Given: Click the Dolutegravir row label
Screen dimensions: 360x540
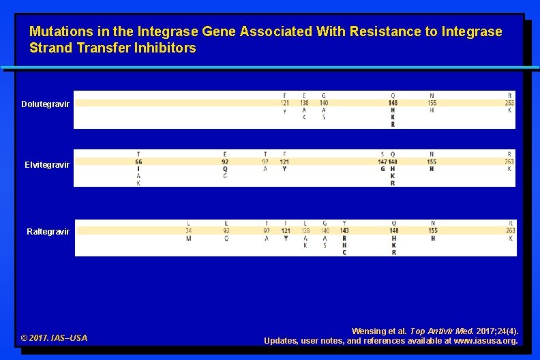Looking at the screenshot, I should pyautogui.click(x=45, y=104).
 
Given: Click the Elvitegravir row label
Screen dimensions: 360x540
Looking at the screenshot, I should pyautogui.click(x=47, y=165).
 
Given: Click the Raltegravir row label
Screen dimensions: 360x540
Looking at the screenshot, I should pyautogui.click(x=48, y=232).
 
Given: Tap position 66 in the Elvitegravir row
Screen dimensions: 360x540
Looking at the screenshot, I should pyautogui.click(x=138, y=162).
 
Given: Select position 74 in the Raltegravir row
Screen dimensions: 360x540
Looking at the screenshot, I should pyautogui.click(x=188, y=231).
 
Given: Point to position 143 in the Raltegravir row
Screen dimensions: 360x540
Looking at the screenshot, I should pyautogui.click(x=344, y=231).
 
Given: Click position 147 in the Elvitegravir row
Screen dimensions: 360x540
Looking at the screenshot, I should pyautogui.click(x=382, y=162).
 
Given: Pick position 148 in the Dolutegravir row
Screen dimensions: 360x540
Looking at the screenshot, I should pyautogui.click(x=393, y=103).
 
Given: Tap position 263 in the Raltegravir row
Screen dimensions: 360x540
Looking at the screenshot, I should pyautogui.click(x=510, y=231).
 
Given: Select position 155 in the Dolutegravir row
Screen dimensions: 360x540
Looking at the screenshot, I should pyautogui.click(x=432, y=103).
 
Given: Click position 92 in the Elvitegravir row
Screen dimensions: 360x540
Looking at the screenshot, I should pyautogui.click(x=225, y=162).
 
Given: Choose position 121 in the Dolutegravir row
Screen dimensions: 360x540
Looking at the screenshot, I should pyautogui.click(x=284, y=103).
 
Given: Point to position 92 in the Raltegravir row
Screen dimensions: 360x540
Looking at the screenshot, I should pyautogui.click(x=226, y=231).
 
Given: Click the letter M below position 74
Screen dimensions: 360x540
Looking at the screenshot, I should pyautogui.click(x=188, y=238).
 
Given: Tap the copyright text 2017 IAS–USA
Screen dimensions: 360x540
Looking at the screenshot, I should pyautogui.click(x=54, y=338).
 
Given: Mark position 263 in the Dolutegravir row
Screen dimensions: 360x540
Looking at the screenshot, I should pyautogui.click(x=510, y=103).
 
